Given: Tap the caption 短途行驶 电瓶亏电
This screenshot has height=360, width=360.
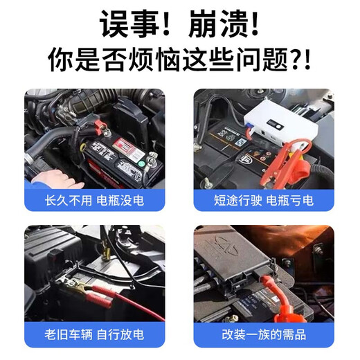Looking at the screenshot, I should pyautogui.click(x=263, y=201).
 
